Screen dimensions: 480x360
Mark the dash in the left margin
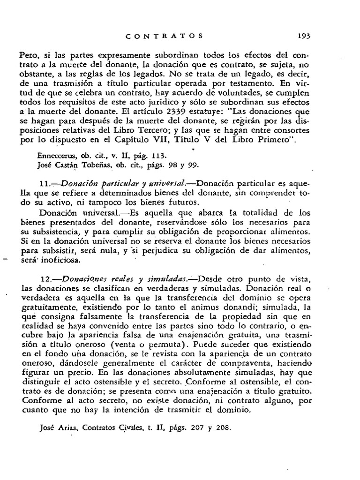pos(6,259)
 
